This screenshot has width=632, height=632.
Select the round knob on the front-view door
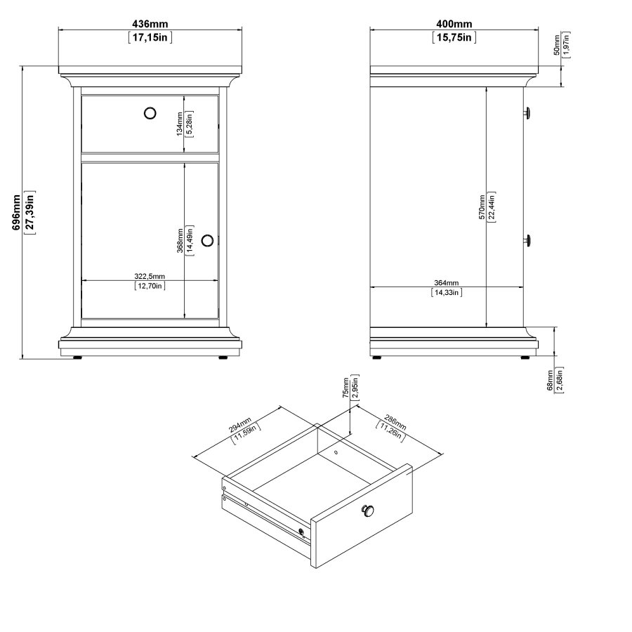207,241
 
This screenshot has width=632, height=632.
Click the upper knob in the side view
527,112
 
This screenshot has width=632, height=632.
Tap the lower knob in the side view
527,241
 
